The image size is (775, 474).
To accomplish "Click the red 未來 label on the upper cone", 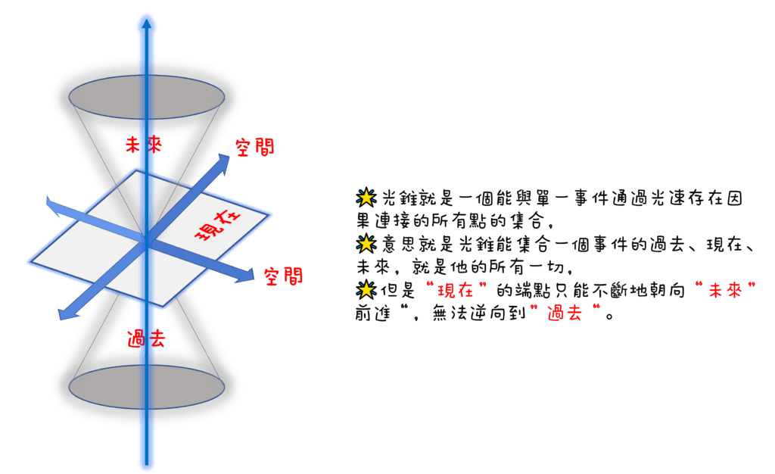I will pos(144,144).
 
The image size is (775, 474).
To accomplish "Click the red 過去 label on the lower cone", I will pos(146,338).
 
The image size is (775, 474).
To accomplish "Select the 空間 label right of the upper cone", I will pos(254,148).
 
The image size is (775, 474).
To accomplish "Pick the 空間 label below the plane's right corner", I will pos(283,276).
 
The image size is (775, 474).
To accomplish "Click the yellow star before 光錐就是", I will pos(366,198).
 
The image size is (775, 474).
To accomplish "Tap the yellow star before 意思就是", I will pos(366,244).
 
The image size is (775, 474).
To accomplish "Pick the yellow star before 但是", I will pos(366,289).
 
